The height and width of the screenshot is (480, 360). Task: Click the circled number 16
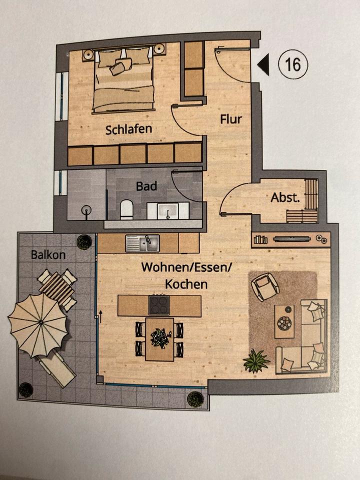tap(293, 64)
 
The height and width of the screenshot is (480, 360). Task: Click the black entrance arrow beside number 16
tap(263, 65)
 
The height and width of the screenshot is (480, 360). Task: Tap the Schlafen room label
tap(128, 129)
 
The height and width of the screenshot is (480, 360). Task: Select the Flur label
tap(231, 119)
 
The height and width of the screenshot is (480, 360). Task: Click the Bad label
tap(146, 186)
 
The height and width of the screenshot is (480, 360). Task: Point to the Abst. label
tap(285, 197)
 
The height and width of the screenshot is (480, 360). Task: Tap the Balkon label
tap(48, 254)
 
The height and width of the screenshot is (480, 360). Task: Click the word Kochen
tap(186, 284)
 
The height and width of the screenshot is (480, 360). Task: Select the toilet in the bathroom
tap(127, 210)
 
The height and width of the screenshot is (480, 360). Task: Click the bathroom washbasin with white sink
tap(167, 210)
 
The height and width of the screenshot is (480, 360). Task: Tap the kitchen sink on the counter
tap(142, 243)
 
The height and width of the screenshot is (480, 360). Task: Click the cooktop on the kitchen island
tap(159, 305)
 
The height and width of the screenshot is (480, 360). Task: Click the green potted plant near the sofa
tap(256, 360)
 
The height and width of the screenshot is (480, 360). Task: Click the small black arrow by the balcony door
tap(100, 315)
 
